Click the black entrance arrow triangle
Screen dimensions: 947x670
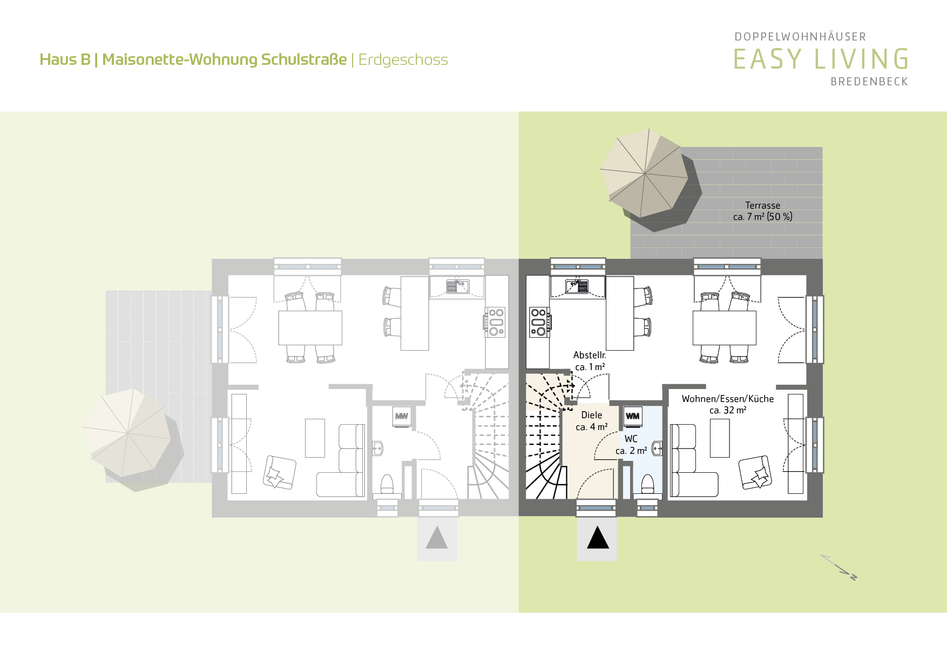coord(598,538)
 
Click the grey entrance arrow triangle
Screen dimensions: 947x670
coord(437,538)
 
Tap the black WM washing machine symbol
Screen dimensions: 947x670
coord(633,416)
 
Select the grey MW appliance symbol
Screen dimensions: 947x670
coord(402,416)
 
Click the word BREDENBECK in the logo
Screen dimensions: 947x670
coord(869,82)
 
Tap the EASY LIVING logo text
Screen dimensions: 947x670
coord(821,59)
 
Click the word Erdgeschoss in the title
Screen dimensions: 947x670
coord(403,59)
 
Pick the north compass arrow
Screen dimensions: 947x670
coord(838,567)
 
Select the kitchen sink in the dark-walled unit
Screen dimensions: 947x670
coord(577,286)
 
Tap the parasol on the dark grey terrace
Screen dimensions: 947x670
coord(645,173)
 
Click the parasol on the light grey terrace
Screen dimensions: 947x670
coord(127,433)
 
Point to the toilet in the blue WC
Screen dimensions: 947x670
coord(647,484)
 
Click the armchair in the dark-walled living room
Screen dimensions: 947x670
coord(755,473)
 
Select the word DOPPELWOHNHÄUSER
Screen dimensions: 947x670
coord(800,37)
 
